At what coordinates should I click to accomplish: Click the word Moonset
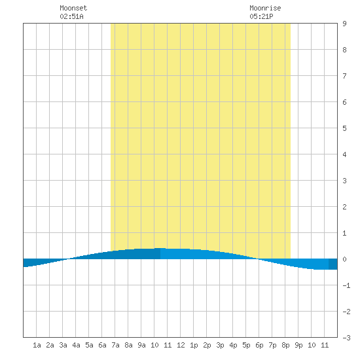(x=73, y=8)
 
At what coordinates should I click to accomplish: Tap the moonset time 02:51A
(x=71, y=16)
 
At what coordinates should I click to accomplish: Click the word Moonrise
(x=265, y=8)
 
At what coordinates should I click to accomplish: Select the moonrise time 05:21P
(x=262, y=16)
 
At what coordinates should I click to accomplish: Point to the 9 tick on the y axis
(x=344, y=24)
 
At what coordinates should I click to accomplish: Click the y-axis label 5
(x=344, y=128)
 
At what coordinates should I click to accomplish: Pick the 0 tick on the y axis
(x=344, y=259)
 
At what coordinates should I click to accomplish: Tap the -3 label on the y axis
(x=346, y=338)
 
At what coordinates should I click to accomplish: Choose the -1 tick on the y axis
(x=346, y=285)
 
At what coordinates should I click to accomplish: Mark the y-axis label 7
(x=344, y=76)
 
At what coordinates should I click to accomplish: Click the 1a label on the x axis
(x=37, y=345)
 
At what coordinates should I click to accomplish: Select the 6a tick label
(x=102, y=345)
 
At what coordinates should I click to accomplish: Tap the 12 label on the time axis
(x=181, y=345)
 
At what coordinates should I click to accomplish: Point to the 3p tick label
(x=220, y=345)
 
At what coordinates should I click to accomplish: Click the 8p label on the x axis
(x=285, y=345)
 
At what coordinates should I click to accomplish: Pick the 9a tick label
(x=141, y=345)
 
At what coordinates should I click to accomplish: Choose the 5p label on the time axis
(x=246, y=345)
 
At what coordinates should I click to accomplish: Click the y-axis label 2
(x=344, y=207)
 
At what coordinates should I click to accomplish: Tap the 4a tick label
(x=76, y=345)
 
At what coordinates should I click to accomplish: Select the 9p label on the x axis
(x=298, y=345)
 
